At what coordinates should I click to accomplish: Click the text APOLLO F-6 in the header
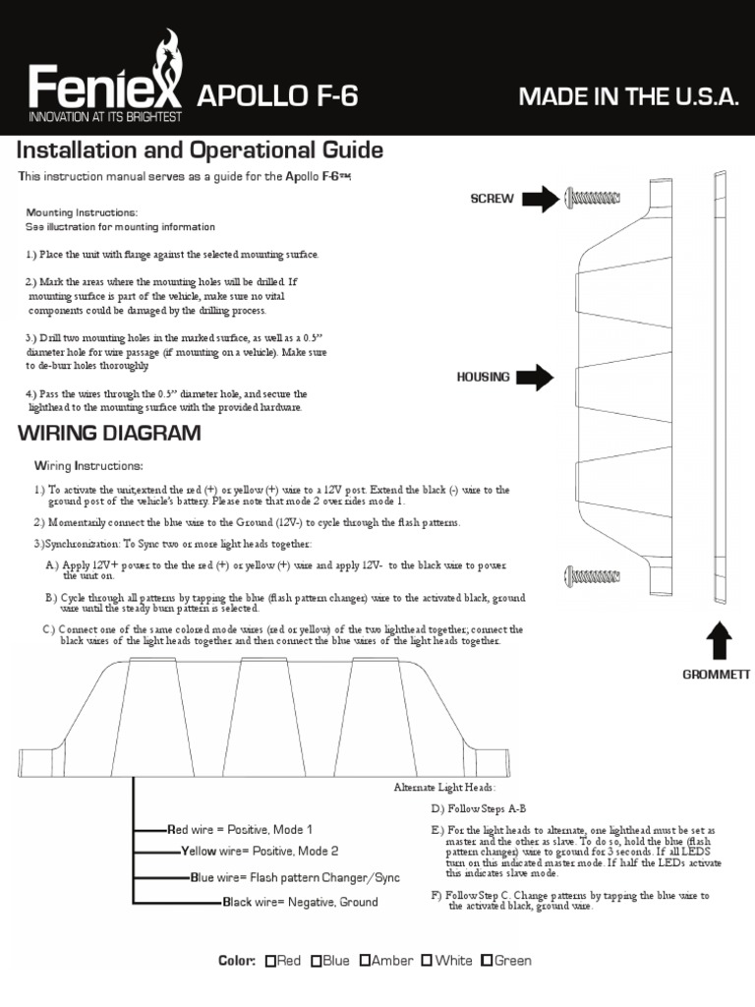click(x=278, y=95)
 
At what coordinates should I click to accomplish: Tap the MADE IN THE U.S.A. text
click(x=627, y=95)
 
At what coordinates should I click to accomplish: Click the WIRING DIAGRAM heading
click(x=109, y=433)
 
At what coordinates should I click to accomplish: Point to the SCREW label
click(x=492, y=199)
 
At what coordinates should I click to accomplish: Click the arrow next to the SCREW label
click(x=540, y=200)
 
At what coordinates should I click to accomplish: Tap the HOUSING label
click(x=484, y=377)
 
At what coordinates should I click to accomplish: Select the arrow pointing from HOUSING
click(x=535, y=377)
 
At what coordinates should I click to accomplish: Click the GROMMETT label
click(x=717, y=675)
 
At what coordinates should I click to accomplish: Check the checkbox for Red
click(x=270, y=961)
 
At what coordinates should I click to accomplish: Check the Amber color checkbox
click(x=366, y=961)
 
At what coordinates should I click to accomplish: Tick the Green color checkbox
click(x=486, y=961)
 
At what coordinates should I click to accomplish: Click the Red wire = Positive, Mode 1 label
click(x=240, y=830)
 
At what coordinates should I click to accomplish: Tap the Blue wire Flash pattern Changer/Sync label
click(x=283, y=876)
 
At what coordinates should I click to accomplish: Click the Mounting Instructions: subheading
click(x=82, y=212)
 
